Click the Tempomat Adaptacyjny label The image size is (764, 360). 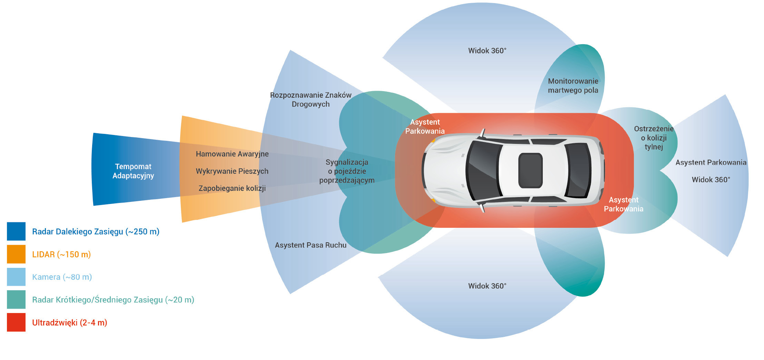(133, 171)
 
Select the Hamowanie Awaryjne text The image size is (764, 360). (232, 154)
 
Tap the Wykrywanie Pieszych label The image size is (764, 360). (232, 171)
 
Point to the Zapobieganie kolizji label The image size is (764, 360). (232, 188)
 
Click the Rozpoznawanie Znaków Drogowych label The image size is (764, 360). (311, 100)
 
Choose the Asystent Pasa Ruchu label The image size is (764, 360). (311, 245)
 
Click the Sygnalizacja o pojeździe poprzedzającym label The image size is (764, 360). (347, 171)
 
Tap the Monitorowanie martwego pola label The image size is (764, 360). (573, 86)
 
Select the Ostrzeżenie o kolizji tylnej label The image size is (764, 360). (654, 138)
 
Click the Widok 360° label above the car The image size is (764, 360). (487, 51)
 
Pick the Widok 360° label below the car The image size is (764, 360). (487, 286)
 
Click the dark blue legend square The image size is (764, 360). (16, 231)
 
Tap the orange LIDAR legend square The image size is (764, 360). (16, 254)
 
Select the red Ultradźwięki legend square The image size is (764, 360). (16, 322)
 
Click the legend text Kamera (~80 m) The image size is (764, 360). (62, 277)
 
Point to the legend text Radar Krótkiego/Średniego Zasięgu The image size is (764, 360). (113, 300)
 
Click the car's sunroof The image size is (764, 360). (530, 171)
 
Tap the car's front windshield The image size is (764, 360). (483, 171)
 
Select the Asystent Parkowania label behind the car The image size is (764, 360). (711, 163)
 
